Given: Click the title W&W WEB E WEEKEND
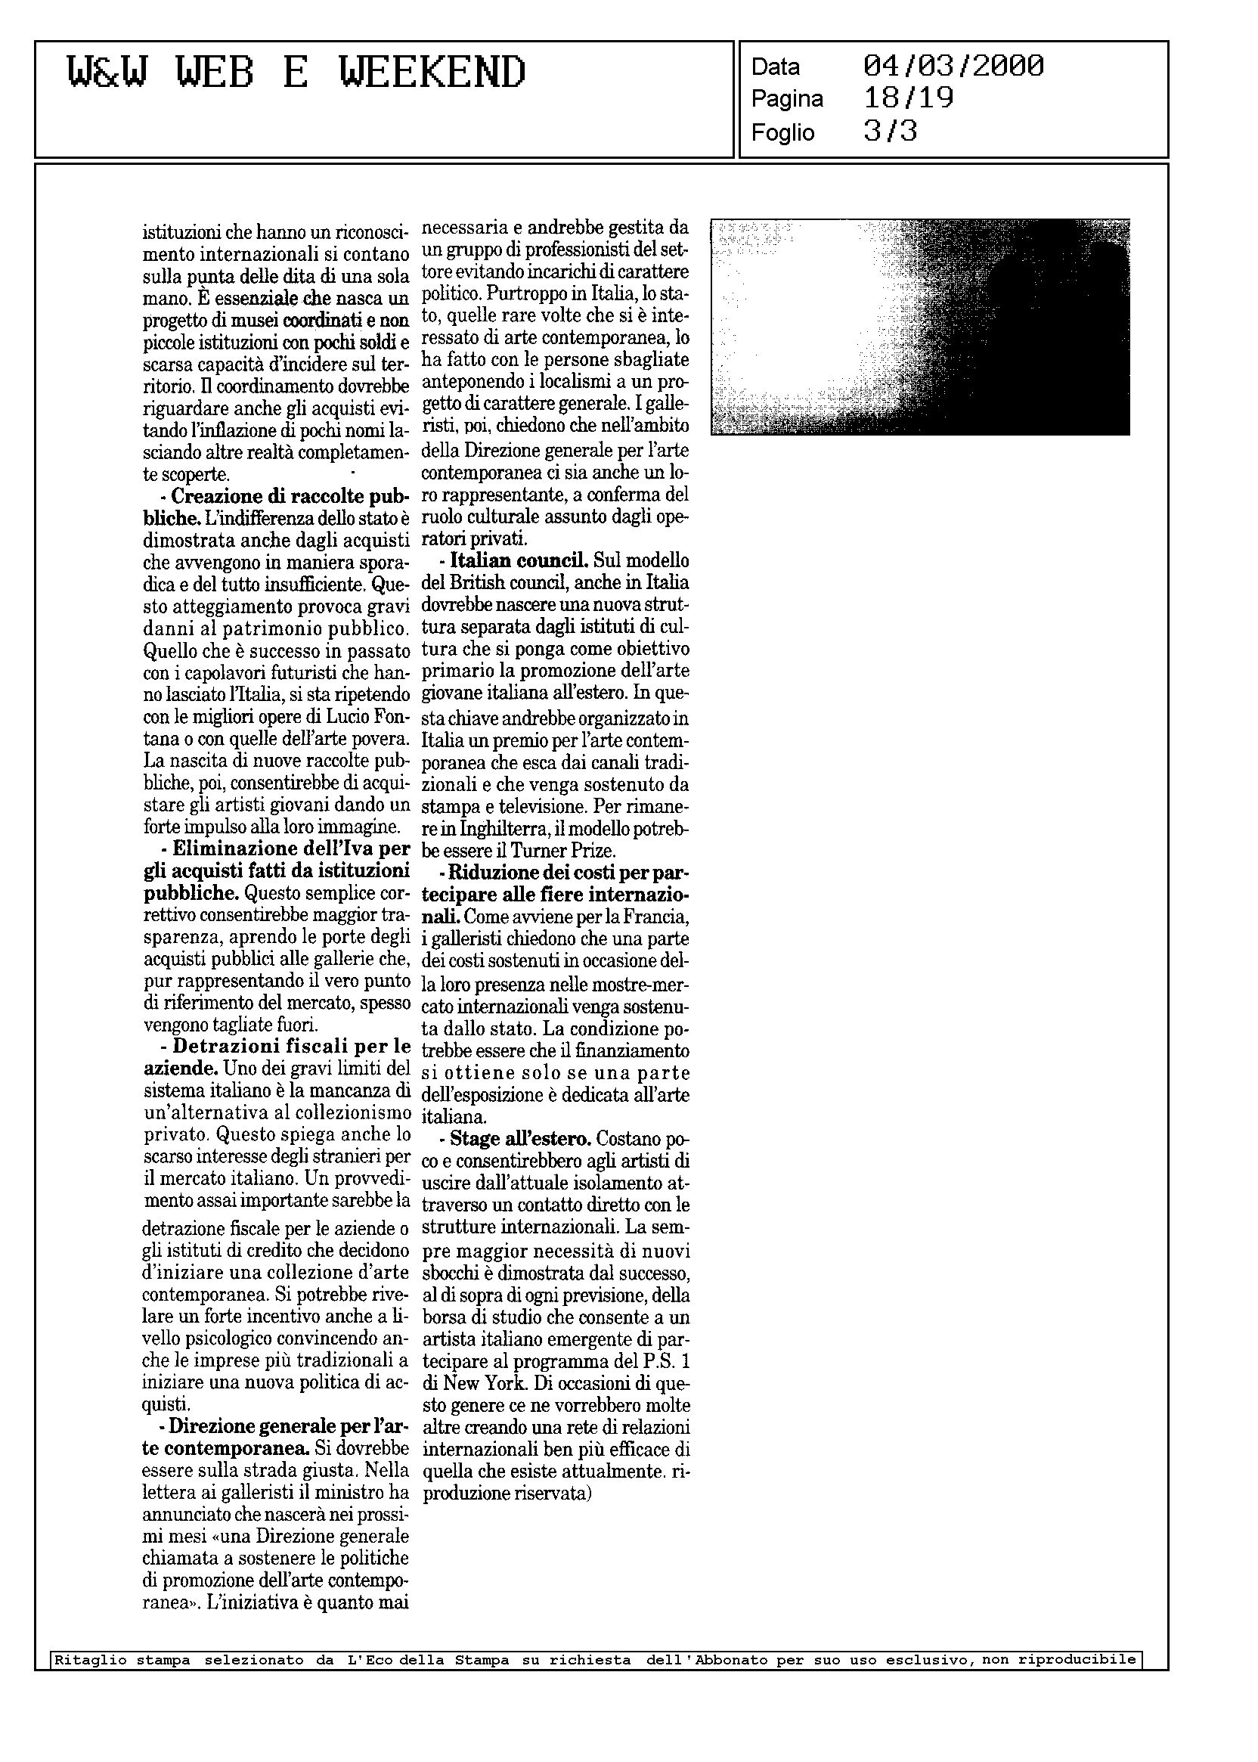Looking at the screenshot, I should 297,73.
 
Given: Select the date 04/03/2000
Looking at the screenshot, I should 953,66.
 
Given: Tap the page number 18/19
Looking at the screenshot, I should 908,98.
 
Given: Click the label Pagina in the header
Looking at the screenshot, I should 787,99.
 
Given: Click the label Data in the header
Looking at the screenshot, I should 776,67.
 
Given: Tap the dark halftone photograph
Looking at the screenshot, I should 919,326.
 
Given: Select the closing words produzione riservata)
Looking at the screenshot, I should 507,1494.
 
